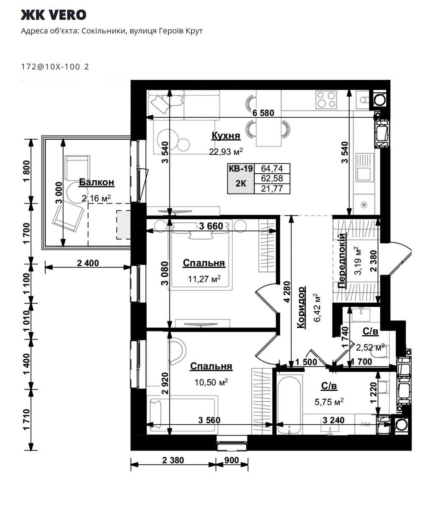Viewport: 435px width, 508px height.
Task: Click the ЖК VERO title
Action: (x=53, y=15)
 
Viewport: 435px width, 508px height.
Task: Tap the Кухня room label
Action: (x=226, y=135)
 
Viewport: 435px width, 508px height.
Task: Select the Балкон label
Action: (x=97, y=182)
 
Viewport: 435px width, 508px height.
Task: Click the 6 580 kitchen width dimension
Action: (x=263, y=113)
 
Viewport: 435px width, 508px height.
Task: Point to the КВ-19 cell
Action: (x=241, y=168)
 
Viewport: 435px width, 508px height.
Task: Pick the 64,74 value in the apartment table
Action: (x=272, y=168)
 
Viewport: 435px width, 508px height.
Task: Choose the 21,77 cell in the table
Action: (x=272, y=189)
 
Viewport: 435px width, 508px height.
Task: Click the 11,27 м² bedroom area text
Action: (x=204, y=279)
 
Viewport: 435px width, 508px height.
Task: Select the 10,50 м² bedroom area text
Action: (x=211, y=382)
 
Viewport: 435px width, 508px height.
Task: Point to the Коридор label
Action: (x=301, y=307)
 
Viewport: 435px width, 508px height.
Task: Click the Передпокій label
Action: (x=341, y=260)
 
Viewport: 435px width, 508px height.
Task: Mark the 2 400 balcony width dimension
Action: (x=88, y=263)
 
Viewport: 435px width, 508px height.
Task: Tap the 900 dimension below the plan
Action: (x=231, y=460)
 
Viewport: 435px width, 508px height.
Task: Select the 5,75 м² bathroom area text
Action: (x=329, y=402)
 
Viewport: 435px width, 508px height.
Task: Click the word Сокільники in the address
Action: (x=103, y=31)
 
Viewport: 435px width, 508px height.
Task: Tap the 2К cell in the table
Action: (x=241, y=183)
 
